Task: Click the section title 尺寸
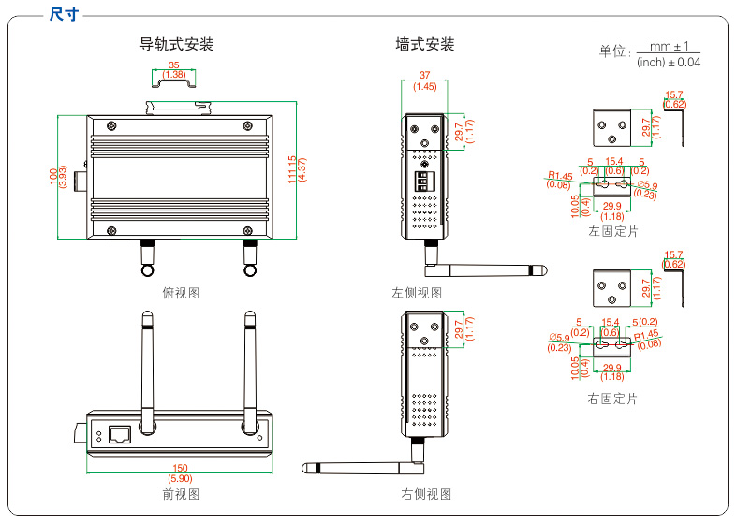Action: pos(64,14)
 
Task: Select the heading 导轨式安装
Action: pos(177,44)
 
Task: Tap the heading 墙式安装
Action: pos(424,44)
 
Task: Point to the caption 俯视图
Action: pos(181,293)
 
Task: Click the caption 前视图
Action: pos(181,494)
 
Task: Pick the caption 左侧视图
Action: pos(416,293)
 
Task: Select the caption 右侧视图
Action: pos(426,494)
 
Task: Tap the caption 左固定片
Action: pos(612,230)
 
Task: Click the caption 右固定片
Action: pos(612,399)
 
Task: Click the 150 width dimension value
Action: pos(180,469)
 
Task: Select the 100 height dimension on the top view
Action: pos(52,177)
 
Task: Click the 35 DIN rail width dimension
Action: pos(174,65)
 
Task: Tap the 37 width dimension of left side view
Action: pos(424,76)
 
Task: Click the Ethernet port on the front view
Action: pos(120,434)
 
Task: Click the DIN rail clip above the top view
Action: pos(177,106)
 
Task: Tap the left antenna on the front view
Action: pos(147,365)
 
